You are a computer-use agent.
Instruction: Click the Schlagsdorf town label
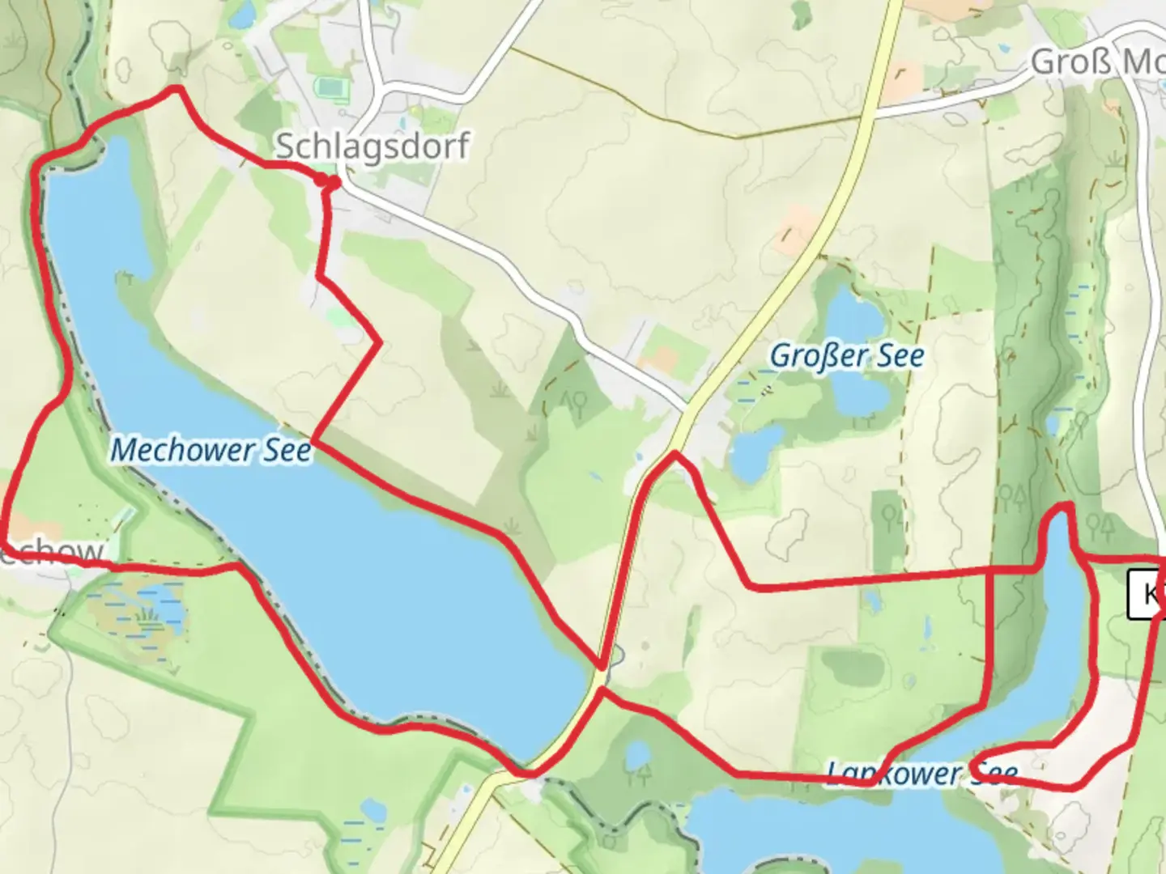pyautogui.click(x=372, y=146)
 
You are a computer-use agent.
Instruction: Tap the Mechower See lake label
pyautogui.click(x=211, y=450)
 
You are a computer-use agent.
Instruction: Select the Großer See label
pyautogui.click(x=846, y=355)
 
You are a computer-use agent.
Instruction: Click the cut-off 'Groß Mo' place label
pyautogui.click(x=1097, y=62)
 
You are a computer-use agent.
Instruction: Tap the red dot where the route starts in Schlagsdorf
pyautogui.click(x=330, y=184)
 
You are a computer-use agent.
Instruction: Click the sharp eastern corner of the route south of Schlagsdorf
pyautogui.click(x=380, y=344)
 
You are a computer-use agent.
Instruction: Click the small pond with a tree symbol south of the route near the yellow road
pyautogui.click(x=638, y=756)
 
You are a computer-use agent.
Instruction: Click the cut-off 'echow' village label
pyautogui.click(x=53, y=552)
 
